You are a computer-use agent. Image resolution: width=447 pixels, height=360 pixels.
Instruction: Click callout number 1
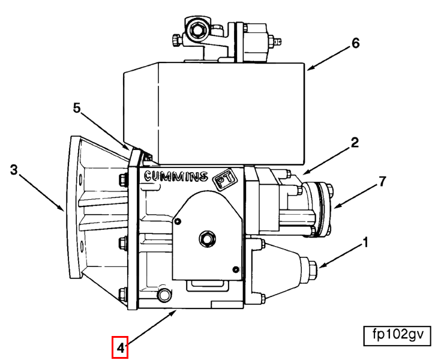(365, 243)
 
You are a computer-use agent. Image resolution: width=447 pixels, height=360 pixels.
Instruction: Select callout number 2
(355, 143)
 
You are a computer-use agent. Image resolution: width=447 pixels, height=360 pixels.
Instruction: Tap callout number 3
(14, 170)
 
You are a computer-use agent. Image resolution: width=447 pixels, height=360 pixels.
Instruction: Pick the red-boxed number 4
(120, 347)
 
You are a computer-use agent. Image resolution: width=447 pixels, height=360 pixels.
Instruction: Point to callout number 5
(77, 108)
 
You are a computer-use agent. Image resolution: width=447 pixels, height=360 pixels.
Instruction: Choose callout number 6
(355, 43)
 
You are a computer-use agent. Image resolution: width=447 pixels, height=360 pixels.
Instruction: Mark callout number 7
(382, 182)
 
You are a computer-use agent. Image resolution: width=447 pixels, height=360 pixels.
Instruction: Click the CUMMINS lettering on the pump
(176, 176)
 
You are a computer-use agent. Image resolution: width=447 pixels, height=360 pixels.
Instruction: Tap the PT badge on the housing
(225, 180)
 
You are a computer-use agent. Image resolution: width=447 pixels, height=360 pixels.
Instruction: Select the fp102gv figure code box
(397, 336)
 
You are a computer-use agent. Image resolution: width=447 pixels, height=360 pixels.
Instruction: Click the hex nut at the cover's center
(208, 239)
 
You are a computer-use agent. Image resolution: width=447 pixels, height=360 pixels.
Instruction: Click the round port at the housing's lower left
(164, 295)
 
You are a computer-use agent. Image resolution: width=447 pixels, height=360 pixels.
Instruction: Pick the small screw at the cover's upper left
(178, 221)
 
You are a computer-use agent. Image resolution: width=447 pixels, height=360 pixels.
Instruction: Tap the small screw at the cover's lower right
(236, 269)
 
